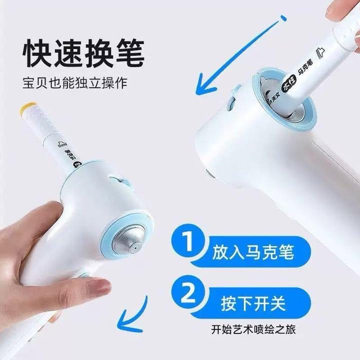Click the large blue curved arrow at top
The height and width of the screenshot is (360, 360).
pyautogui.click(x=235, y=55)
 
